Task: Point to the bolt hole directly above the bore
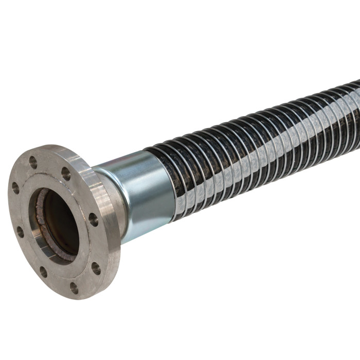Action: coord(65,172)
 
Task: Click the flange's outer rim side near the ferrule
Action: coord(111,216)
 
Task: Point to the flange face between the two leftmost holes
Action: coord(16,211)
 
